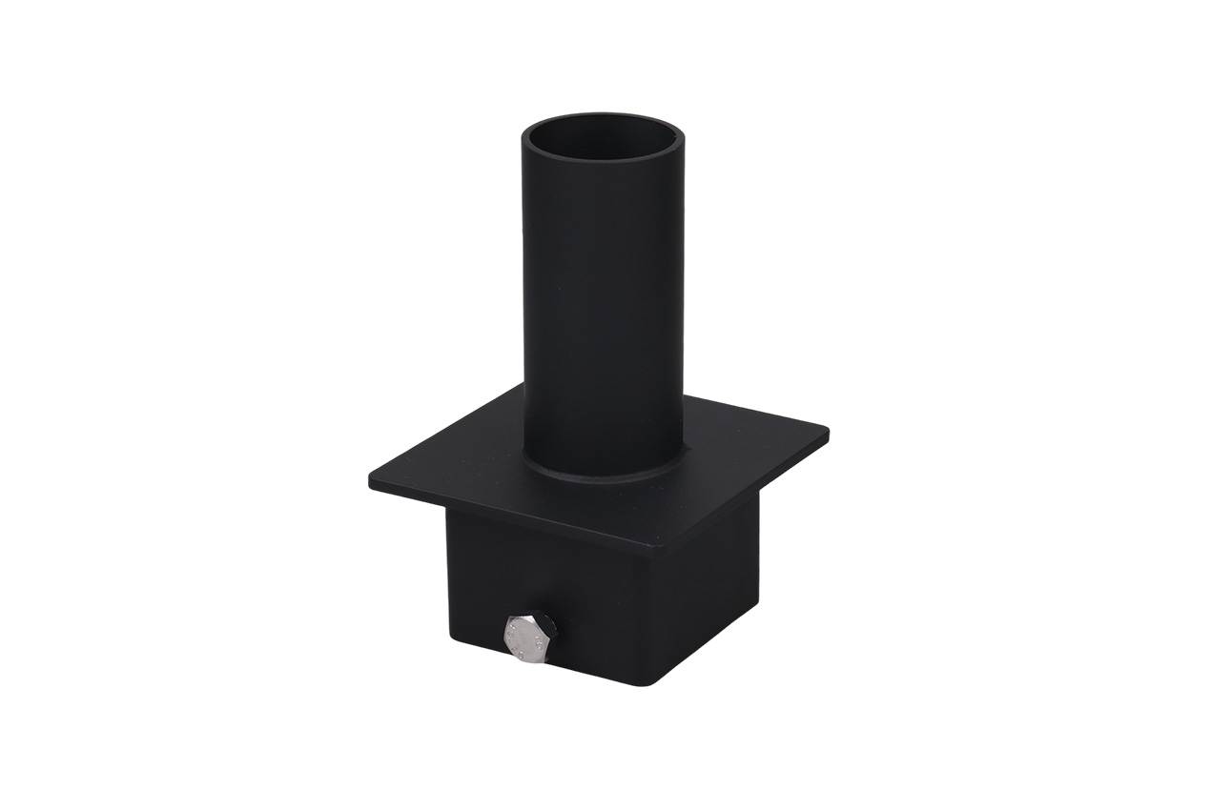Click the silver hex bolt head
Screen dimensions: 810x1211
527,638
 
